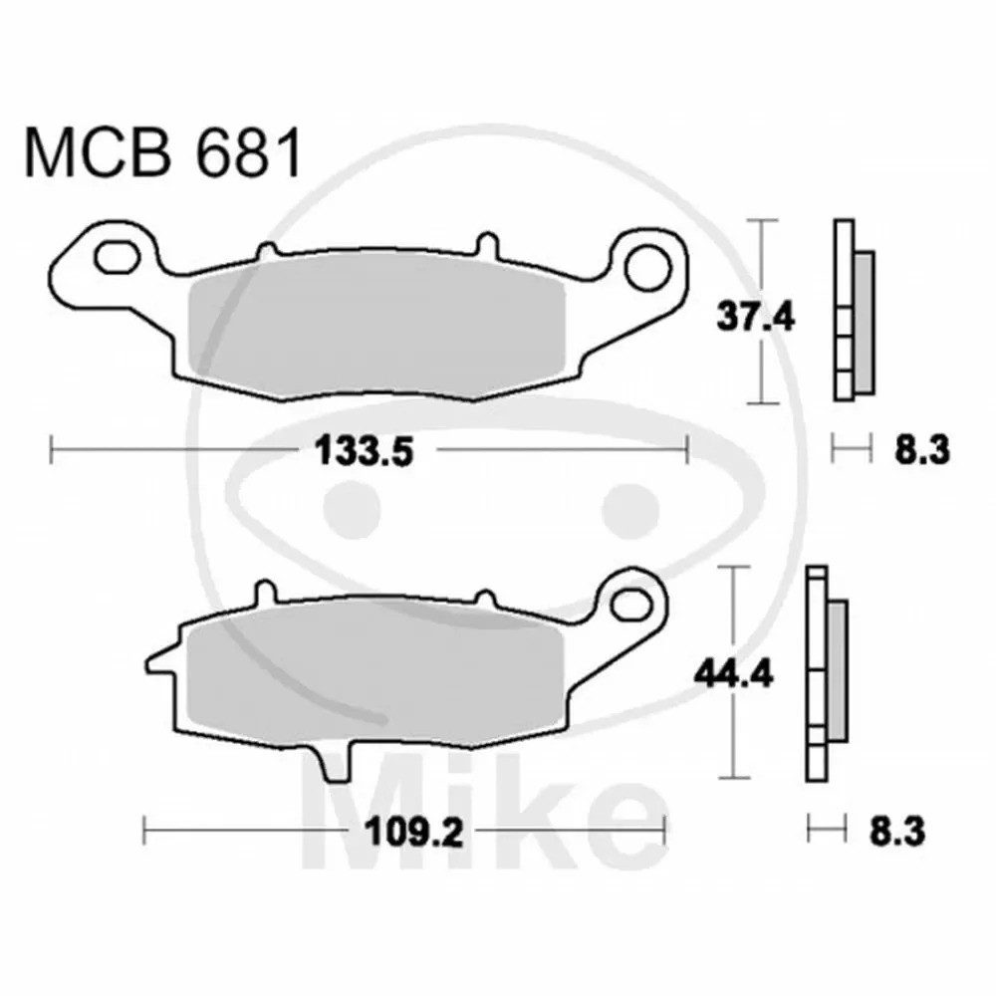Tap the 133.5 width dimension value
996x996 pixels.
coord(365,453)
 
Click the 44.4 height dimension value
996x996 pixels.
coord(734,673)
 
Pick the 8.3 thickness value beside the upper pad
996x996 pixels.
coord(922,451)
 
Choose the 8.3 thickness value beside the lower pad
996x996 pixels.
coord(897,832)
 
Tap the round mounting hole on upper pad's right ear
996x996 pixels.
coord(647,267)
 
